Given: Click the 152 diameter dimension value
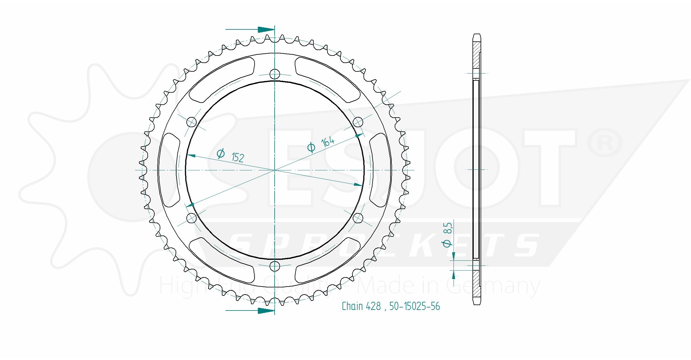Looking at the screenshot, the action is [238, 157].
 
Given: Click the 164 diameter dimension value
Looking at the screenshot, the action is [327, 141].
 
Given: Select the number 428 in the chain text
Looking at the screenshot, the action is [373, 306].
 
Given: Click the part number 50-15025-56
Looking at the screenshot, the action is [415, 306].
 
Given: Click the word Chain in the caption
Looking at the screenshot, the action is [352, 306].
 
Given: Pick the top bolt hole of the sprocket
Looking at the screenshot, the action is [275, 74].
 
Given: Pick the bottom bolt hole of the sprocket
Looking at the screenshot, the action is [275, 266].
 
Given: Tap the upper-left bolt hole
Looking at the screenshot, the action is [192, 122].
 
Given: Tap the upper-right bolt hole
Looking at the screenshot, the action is [358, 122].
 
